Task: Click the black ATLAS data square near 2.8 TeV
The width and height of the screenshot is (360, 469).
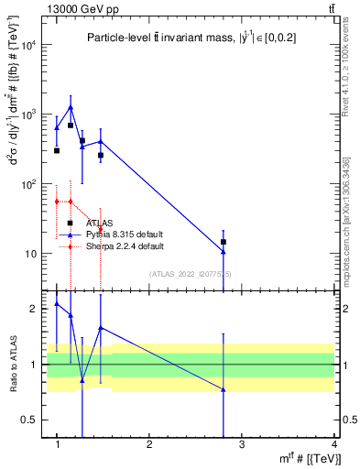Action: [224, 242]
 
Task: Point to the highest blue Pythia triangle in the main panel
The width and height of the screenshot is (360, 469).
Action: [71, 107]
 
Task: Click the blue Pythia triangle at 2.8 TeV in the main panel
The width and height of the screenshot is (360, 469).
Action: [224, 252]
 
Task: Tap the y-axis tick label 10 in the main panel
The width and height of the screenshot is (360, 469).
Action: [33, 254]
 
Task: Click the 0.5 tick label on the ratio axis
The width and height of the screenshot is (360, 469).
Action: [31, 420]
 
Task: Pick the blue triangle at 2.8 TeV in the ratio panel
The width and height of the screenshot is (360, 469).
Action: [224, 389]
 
